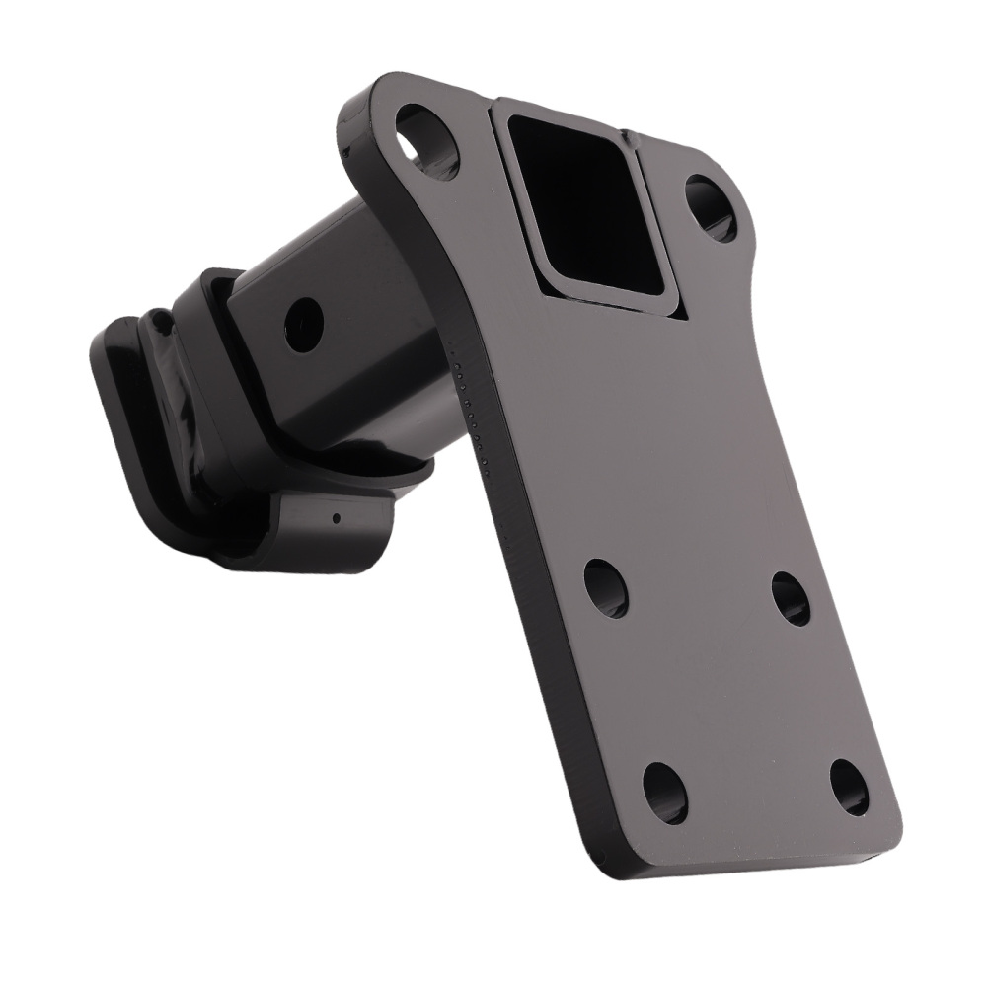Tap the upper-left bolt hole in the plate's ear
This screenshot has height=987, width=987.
click(427, 141)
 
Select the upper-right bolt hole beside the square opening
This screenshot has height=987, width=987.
click(710, 208)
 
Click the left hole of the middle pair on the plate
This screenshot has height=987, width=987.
click(605, 587)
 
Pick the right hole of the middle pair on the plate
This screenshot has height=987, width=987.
click(791, 598)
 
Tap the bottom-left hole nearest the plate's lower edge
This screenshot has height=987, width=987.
click(664, 792)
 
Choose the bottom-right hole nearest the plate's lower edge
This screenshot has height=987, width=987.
click(849, 787)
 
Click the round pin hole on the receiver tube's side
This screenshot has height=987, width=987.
click(303, 324)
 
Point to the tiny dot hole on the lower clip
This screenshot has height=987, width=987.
click(336, 517)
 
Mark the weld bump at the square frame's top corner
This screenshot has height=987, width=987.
click(626, 134)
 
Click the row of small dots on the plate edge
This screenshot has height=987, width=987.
click(470, 395)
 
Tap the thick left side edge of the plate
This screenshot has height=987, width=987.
click(523, 592)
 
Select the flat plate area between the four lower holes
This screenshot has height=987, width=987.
click(725, 691)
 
